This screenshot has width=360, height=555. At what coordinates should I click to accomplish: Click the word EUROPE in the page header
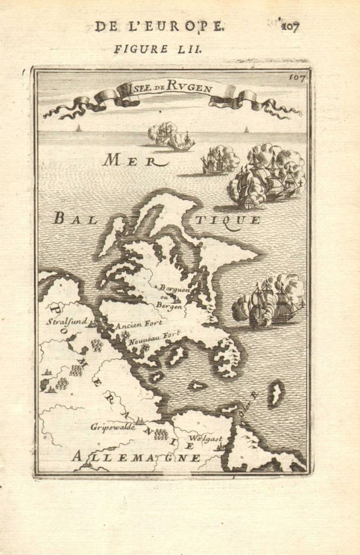tap(184, 25)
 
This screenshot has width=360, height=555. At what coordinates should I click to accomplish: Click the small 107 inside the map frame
tap(297, 78)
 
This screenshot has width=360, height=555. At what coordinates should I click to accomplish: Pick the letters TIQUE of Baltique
tap(228, 220)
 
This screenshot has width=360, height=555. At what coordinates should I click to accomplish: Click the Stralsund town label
tap(66, 321)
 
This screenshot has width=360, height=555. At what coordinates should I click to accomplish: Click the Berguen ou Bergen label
tap(169, 296)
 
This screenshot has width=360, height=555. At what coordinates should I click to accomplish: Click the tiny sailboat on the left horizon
tap(79, 128)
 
